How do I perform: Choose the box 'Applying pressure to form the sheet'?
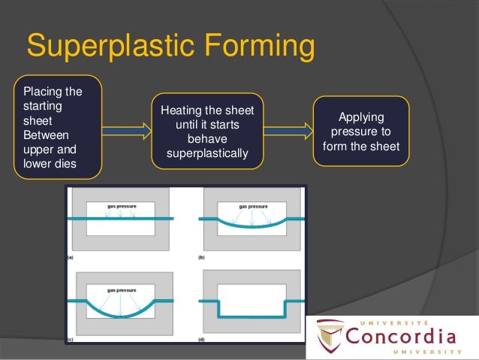click(361, 132)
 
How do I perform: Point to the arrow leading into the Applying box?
click(288, 132)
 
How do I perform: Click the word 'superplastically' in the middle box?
click(208, 154)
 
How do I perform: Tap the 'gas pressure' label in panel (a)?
click(120, 205)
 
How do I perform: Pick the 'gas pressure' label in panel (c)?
click(120, 289)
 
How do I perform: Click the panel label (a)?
click(70, 257)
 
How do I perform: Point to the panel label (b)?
click(201, 257)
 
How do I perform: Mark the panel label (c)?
click(70, 340)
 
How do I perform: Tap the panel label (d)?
click(201, 340)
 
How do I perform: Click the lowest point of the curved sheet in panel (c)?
click(120, 316)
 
